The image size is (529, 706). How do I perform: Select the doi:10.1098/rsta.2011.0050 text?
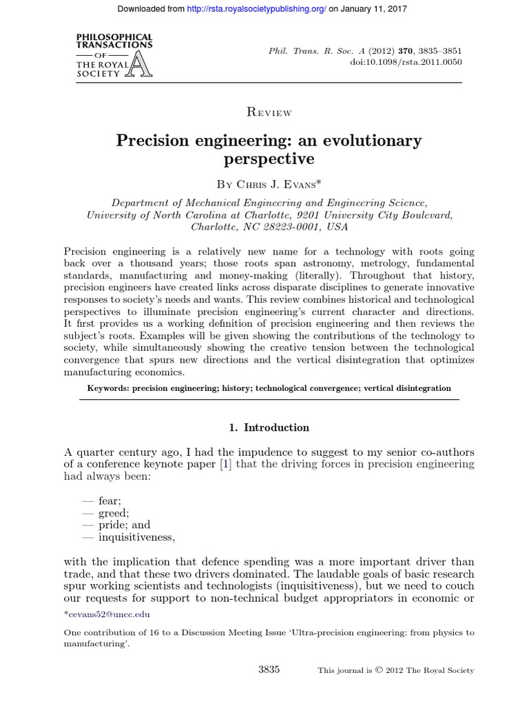(406, 62)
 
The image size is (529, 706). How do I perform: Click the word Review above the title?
(269, 112)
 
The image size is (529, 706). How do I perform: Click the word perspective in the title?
(269, 159)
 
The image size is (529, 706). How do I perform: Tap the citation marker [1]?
(225, 464)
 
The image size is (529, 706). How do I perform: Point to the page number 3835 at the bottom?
(268, 669)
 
